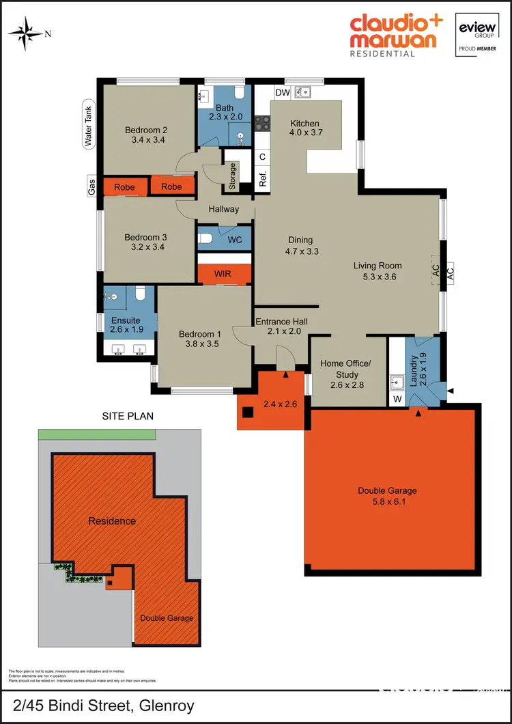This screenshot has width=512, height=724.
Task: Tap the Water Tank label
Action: click(x=87, y=130)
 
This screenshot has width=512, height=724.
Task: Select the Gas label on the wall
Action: click(x=91, y=186)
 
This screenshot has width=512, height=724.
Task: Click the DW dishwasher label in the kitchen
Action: click(x=282, y=93)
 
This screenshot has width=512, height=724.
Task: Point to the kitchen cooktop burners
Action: click(x=261, y=124)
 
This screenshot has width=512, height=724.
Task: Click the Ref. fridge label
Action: click(x=261, y=180)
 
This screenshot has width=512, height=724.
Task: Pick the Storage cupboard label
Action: click(x=233, y=176)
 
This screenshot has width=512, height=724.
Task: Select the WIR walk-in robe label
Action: click(x=223, y=274)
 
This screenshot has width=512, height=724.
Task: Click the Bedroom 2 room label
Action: click(x=146, y=130)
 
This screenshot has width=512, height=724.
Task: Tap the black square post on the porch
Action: click(x=248, y=412)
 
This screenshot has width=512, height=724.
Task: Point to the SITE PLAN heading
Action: click(x=128, y=415)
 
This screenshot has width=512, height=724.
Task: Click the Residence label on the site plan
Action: click(x=112, y=521)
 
